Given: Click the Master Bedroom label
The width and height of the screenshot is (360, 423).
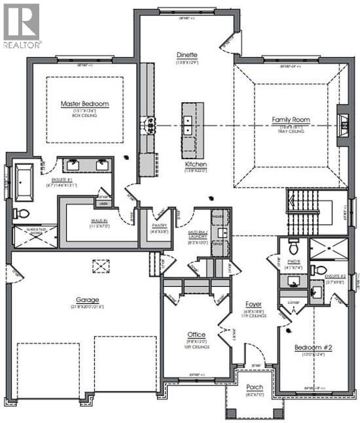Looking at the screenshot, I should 84,103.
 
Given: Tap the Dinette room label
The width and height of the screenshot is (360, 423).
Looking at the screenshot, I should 187,55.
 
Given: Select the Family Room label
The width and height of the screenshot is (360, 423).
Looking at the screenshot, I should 291,120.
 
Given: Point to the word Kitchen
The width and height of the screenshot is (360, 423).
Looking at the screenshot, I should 196,164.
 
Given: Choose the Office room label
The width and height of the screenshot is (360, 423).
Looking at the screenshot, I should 196,335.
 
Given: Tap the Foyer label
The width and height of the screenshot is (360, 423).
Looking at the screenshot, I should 253,304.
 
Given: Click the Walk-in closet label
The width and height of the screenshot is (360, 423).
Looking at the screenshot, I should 99,221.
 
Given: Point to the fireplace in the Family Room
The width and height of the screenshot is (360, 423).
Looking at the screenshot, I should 342,122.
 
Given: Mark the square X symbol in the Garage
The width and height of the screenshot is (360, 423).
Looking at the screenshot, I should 100,266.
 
